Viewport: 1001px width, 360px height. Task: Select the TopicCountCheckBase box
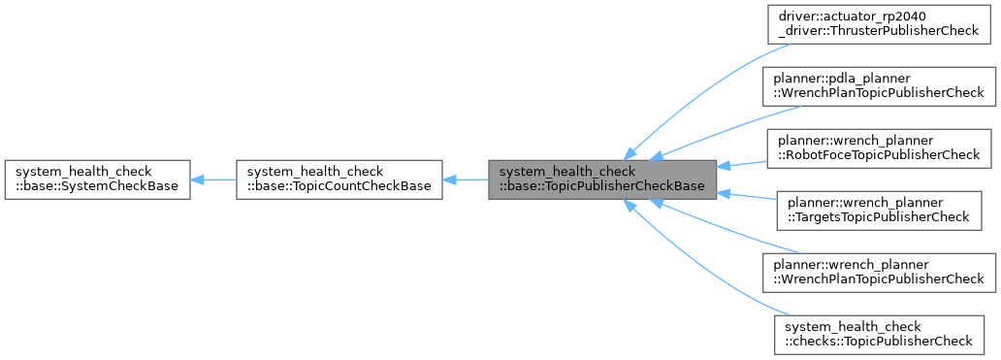pyautogui.click(x=339, y=180)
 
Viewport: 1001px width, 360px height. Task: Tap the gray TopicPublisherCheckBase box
pyautogui.click(x=601, y=180)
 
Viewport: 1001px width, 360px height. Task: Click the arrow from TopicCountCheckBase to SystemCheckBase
pyautogui.click(x=213, y=180)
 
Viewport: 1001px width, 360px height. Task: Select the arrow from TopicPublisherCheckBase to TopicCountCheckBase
pyautogui.click(x=466, y=180)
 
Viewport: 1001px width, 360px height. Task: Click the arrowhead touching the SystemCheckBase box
pyautogui.click(x=197, y=180)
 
